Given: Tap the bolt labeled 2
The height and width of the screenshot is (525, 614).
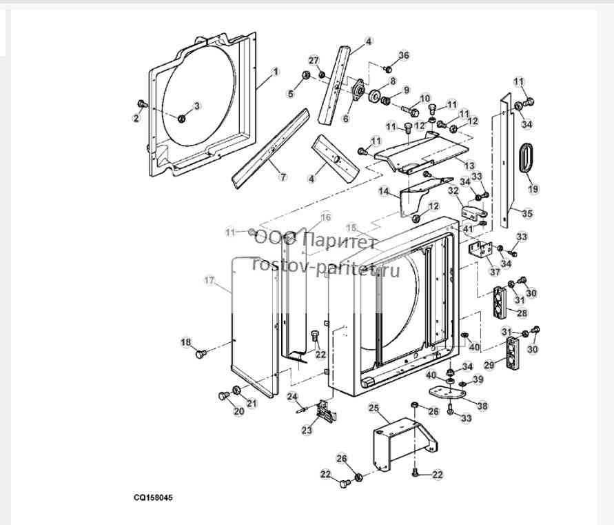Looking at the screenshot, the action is point(142,104).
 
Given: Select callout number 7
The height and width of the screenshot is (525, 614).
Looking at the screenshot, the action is point(283,177).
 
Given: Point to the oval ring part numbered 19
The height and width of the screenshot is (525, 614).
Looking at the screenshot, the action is point(526,157).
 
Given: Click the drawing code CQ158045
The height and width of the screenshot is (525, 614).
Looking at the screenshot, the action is point(153,497).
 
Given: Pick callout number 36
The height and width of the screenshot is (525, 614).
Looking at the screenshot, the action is point(404,55).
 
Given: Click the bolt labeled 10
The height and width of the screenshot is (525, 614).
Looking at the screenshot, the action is point(409,110).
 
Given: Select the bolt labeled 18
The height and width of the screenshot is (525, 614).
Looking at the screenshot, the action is point(201,354).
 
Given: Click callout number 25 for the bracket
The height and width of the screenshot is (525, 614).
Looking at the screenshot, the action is point(374,408).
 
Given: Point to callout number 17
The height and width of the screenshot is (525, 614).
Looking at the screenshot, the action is point(210,280).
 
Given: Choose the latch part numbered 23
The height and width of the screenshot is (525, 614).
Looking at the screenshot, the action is point(326,411).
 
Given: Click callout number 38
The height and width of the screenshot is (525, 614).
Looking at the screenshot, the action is point(482,406).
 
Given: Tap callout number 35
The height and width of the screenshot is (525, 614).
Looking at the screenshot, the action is point(527,213).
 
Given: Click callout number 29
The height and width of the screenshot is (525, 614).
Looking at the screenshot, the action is point(489,365).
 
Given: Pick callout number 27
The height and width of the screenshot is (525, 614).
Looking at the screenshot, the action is point(314,61).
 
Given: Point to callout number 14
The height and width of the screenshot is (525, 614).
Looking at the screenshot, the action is point(384,191).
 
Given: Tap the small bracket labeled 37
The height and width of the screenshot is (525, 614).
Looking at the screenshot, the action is point(480,250).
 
